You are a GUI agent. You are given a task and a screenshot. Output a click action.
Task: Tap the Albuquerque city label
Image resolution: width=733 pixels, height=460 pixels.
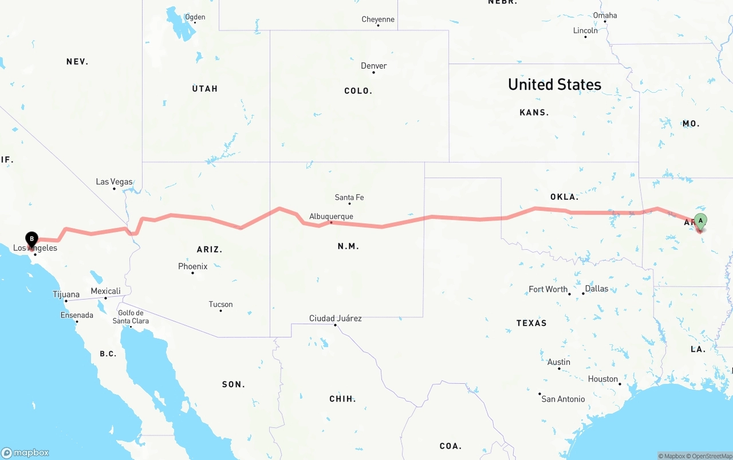(331, 217)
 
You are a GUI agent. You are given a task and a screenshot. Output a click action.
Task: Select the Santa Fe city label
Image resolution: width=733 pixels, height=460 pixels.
(349, 198)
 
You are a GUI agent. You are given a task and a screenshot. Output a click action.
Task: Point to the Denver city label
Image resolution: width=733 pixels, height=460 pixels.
(373, 66)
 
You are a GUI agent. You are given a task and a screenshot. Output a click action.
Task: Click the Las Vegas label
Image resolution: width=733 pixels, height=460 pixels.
(114, 182)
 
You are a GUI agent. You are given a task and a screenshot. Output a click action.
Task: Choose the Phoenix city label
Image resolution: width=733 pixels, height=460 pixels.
(192, 266)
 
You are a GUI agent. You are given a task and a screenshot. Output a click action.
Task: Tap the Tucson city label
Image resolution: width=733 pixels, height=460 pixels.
(220, 304)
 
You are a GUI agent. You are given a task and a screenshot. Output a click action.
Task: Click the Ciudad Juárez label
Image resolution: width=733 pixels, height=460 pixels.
(335, 318)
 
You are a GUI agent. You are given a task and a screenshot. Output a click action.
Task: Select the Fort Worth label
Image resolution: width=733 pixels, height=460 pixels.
(548, 289)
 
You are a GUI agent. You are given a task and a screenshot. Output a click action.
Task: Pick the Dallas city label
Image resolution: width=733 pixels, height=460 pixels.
(597, 289)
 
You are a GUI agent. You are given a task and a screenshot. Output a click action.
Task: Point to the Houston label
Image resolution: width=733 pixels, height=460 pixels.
(602, 379)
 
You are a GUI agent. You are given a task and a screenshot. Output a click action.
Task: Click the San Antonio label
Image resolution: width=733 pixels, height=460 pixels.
(563, 399)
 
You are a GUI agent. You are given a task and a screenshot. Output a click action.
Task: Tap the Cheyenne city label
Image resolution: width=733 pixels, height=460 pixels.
(378, 19)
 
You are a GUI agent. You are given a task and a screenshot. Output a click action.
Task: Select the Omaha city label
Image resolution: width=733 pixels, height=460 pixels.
(605, 15)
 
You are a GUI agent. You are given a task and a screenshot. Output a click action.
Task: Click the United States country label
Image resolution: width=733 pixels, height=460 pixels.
(554, 85)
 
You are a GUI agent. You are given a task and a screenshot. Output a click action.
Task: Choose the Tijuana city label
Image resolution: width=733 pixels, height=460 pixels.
(66, 294)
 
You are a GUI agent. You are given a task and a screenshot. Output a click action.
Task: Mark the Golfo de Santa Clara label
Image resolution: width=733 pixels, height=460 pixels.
(131, 317)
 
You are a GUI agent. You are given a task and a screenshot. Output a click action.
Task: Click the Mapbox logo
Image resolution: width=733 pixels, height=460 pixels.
(25, 453)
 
